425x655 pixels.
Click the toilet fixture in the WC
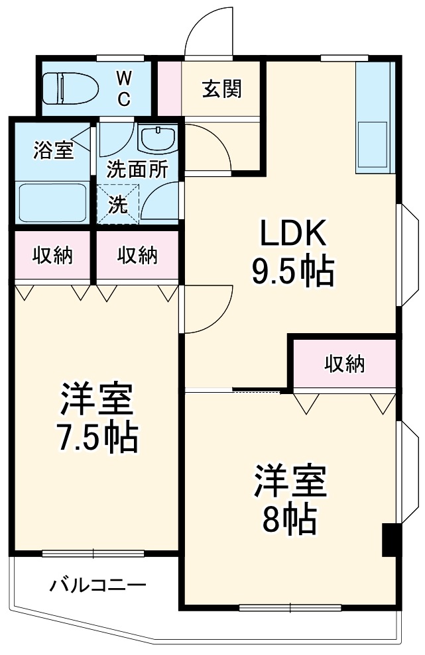click(x=69, y=87)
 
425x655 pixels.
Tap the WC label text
click(x=124, y=88)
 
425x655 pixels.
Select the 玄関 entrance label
click(x=221, y=88)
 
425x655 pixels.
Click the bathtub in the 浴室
click(x=52, y=203)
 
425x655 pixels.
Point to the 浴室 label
click(x=54, y=150)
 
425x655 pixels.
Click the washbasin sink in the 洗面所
click(x=157, y=139)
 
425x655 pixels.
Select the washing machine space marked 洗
click(x=117, y=205)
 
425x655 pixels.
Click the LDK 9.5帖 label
click(x=292, y=252)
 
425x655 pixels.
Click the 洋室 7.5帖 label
click(x=97, y=417)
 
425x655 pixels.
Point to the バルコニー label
click(x=97, y=585)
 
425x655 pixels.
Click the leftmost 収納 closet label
click(x=52, y=255)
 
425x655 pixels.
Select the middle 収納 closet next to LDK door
click(x=138, y=255)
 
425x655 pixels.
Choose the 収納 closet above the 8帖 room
click(x=345, y=364)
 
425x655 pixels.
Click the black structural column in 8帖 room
click(x=390, y=540)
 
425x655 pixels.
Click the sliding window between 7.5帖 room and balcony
click(x=93, y=553)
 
